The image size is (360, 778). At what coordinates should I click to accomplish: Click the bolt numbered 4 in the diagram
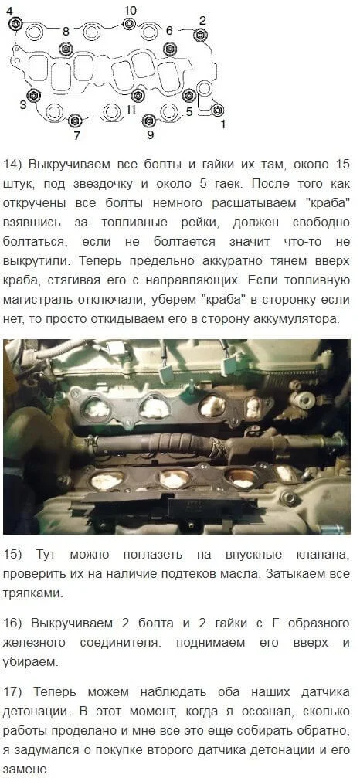click(16, 23)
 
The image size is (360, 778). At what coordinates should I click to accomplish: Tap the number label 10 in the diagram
click(131, 10)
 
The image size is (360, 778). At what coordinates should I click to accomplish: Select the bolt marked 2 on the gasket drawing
click(200, 35)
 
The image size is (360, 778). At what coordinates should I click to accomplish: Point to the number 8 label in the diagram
click(66, 31)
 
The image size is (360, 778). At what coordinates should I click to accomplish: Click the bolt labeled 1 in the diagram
click(217, 110)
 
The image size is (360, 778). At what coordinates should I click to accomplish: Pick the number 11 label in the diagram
click(131, 109)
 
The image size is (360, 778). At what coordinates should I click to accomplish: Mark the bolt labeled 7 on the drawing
click(75, 120)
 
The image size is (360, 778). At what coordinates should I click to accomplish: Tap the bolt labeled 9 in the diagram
click(149, 120)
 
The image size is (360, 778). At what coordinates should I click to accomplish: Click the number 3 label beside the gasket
click(23, 105)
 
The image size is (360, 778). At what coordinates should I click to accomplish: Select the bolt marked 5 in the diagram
click(188, 96)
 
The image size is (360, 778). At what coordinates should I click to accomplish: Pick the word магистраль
click(36, 300)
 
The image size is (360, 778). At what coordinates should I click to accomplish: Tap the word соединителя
click(120, 643)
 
